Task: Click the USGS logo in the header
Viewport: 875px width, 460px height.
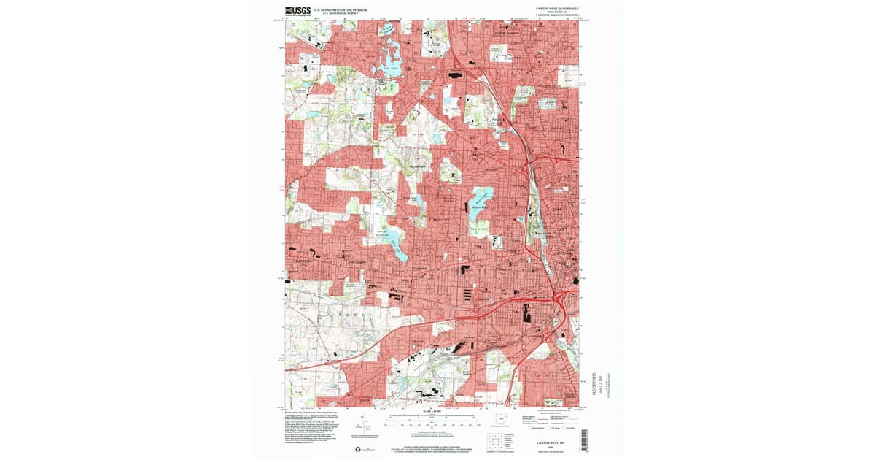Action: point(297,11)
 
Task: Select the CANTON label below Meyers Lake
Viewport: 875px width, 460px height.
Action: point(478,230)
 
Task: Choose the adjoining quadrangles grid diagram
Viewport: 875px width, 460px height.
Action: point(498,440)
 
